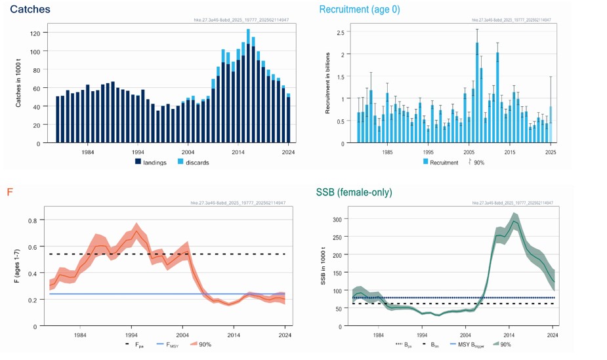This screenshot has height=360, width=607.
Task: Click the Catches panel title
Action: point(29,10)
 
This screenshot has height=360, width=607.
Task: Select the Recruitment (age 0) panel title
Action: point(360,10)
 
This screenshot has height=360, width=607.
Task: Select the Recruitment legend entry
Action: point(440,162)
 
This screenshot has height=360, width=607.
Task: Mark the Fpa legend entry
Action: point(135,344)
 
